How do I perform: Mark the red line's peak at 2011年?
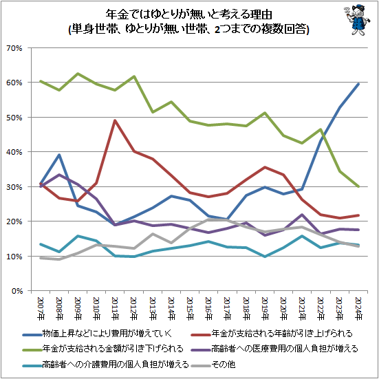point(114,121)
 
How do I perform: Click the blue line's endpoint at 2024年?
point(358,84)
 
